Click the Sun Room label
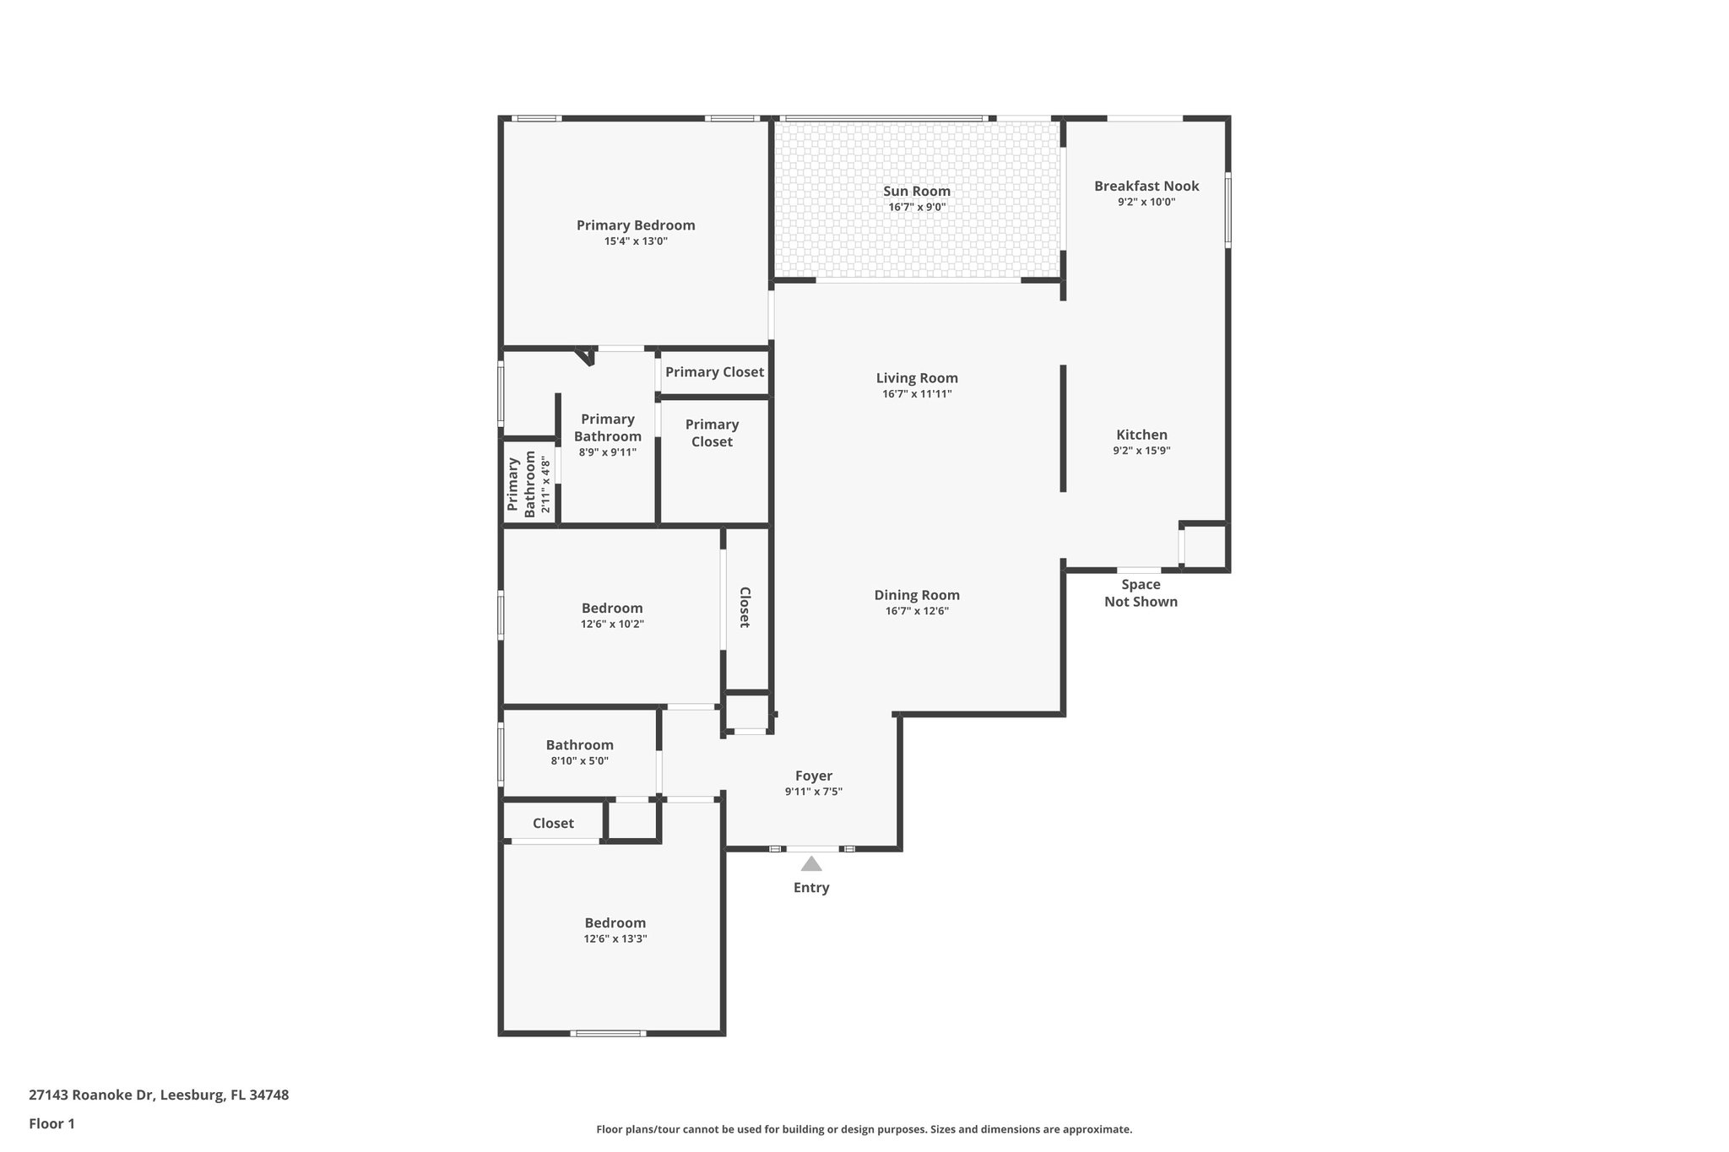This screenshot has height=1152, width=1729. (917, 192)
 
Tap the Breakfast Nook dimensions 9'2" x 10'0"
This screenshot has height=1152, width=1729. (1146, 202)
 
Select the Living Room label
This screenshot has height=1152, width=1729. (917, 378)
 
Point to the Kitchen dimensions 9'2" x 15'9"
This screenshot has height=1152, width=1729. (1141, 451)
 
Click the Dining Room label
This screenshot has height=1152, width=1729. (917, 595)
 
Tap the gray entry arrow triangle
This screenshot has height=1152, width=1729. (811, 864)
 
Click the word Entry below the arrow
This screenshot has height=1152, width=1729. (811, 888)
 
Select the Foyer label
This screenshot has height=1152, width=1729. (814, 776)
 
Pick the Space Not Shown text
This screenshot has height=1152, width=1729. (1141, 592)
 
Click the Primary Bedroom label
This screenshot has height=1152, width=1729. (636, 225)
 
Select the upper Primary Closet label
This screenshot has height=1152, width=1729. (714, 372)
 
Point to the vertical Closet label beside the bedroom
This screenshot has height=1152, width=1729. (745, 607)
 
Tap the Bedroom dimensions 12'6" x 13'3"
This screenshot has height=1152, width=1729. (615, 938)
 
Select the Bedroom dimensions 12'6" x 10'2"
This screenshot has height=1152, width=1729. (612, 624)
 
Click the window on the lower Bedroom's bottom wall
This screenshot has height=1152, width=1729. (608, 1033)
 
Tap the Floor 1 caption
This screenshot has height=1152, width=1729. (51, 1123)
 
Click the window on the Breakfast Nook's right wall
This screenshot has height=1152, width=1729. (1228, 209)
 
